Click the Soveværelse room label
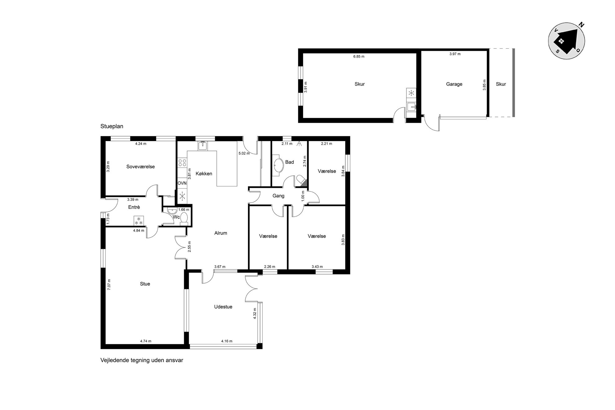coord(140,167)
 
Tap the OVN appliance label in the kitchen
coord(182,183)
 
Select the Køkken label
coord(204,174)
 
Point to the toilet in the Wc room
coord(184,218)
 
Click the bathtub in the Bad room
coord(279,165)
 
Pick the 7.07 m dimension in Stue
coord(109,284)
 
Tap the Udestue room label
coord(223,307)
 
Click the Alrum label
coord(221,233)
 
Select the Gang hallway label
coord(278,196)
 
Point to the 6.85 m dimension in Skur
coord(359,57)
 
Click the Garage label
coord(454,84)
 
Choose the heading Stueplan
coord(112,126)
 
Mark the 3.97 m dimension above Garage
coord(455,54)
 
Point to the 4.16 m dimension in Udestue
coord(227,341)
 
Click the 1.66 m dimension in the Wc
coord(184,210)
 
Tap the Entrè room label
coord(134,207)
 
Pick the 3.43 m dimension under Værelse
coord(317,267)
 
